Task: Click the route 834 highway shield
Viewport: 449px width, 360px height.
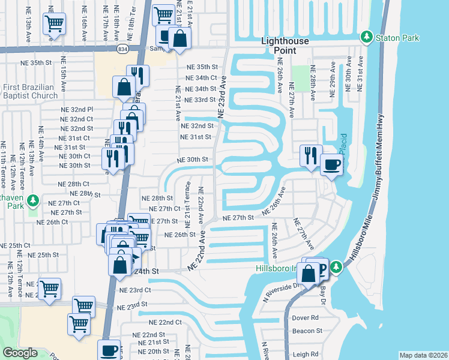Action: click(122, 47)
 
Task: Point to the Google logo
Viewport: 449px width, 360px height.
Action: click(20, 353)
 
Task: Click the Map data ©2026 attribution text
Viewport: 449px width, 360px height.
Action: click(423, 355)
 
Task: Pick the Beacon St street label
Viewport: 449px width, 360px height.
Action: click(307, 331)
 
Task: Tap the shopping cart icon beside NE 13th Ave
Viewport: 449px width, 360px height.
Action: click(53, 24)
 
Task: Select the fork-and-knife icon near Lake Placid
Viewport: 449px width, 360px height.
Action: click(310, 155)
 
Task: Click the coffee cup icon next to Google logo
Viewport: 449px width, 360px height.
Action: click(109, 349)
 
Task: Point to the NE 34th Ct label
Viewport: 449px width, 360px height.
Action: click(201, 78)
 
